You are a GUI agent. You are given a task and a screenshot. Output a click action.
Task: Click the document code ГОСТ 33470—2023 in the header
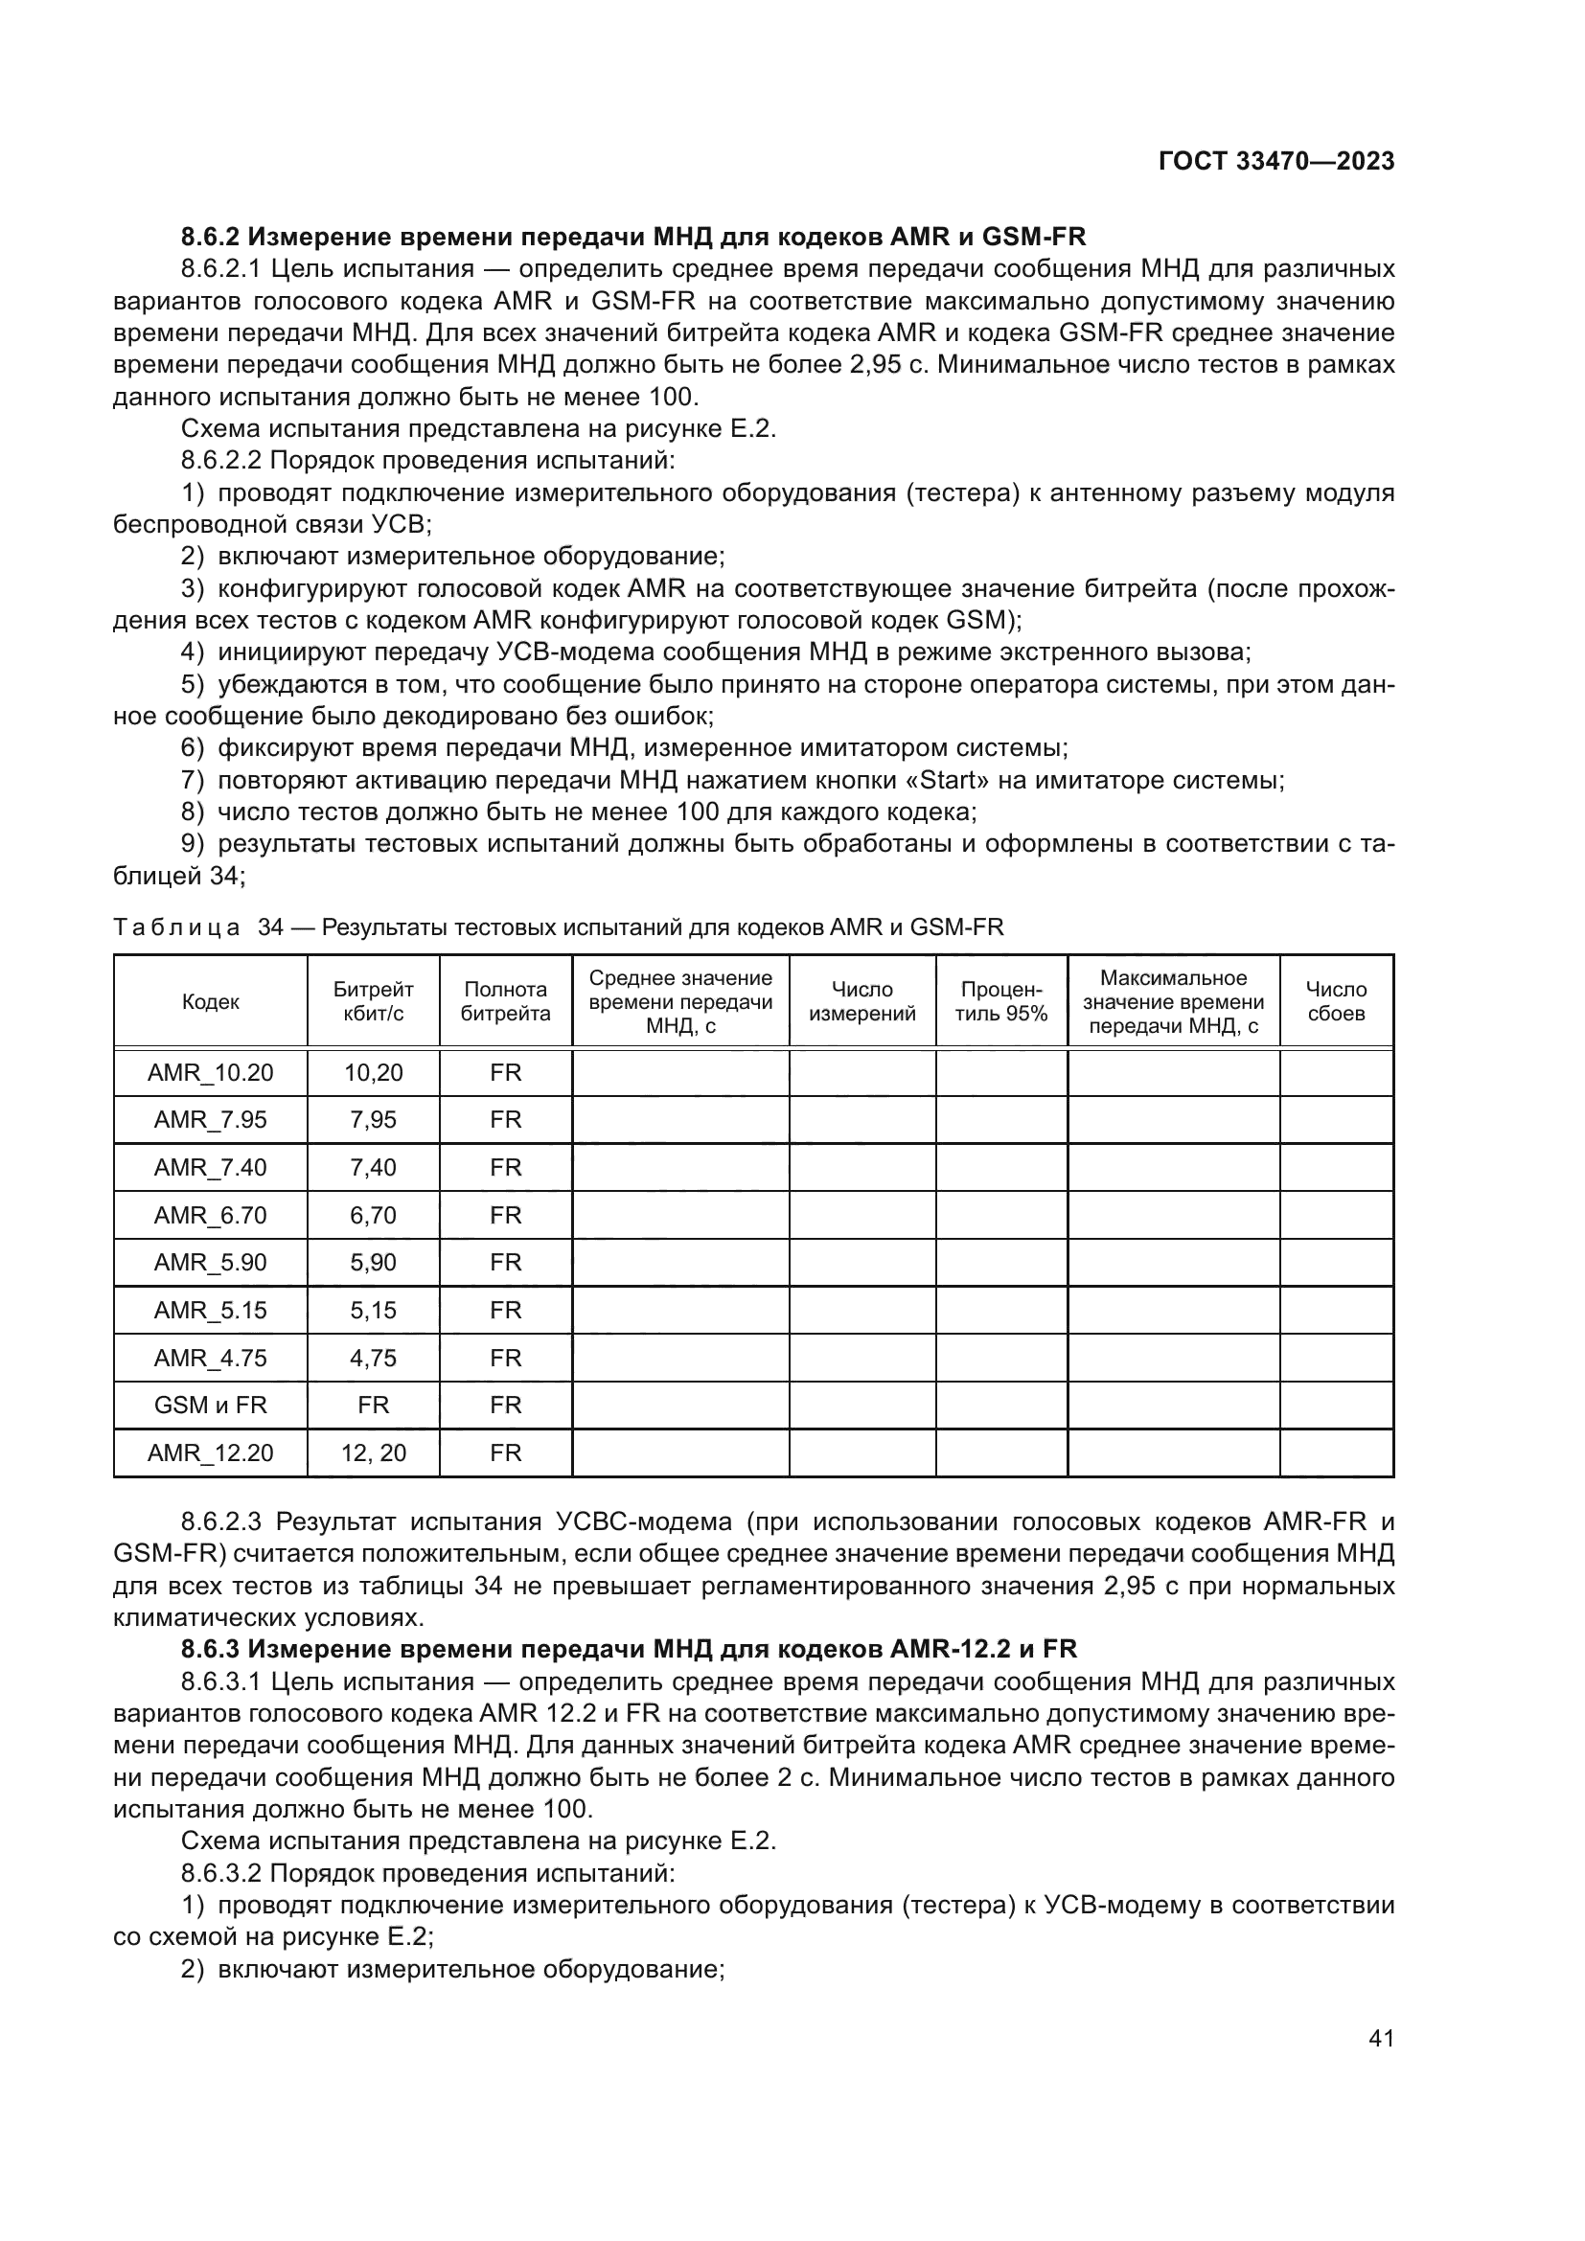coord(1275,162)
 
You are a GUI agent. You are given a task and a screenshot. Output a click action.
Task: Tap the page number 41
coord(1381,2038)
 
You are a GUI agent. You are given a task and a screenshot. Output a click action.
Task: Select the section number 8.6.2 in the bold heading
coord(210,238)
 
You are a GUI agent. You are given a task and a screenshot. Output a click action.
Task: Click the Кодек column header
coord(210,1001)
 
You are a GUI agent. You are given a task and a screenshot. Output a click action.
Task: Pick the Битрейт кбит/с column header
coord(373,1001)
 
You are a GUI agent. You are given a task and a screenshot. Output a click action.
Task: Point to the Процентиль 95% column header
coord(1000,1001)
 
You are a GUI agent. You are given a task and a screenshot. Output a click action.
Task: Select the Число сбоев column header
coord(1335,1001)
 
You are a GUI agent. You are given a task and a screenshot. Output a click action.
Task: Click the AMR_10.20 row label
coord(210,1073)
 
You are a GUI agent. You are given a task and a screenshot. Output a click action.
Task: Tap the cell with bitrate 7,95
coord(373,1119)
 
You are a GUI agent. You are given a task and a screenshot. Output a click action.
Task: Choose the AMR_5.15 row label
coord(210,1310)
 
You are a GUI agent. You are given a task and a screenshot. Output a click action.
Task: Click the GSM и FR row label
coord(210,1405)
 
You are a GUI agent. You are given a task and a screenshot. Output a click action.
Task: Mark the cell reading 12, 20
coord(373,1452)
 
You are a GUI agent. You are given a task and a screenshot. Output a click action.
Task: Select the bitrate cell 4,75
coord(373,1358)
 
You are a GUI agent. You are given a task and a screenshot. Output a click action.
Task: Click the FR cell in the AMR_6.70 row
coord(506,1215)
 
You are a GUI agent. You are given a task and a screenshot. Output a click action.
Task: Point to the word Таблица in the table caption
coord(175,927)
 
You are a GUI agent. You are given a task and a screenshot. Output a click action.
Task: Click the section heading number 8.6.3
coord(210,1650)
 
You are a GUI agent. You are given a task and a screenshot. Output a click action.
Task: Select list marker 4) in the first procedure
coord(193,652)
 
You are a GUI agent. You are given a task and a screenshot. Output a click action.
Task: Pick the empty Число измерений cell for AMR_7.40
coord(861,1167)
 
